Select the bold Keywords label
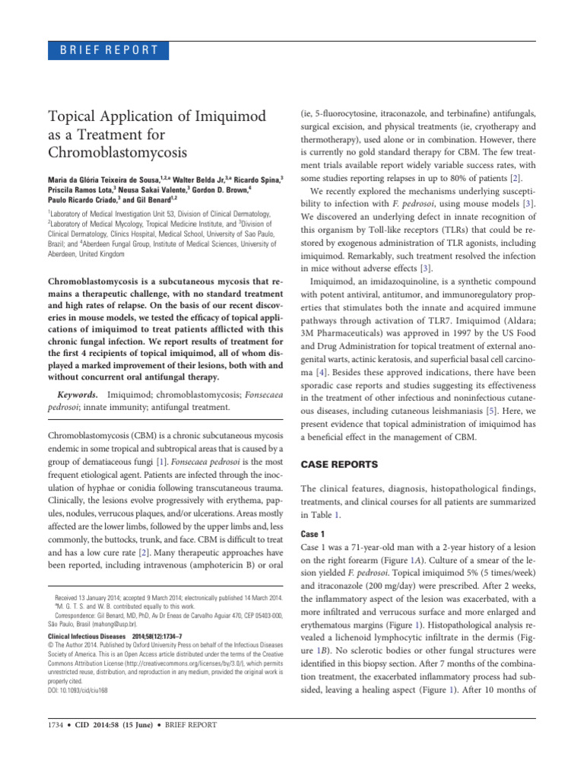click(x=78, y=396)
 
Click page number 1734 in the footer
click(x=59, y=725)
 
